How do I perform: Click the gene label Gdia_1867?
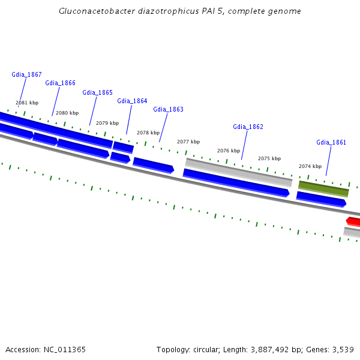26,74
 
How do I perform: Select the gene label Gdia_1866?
60,83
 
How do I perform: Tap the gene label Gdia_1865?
97,92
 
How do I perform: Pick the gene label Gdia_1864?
132,101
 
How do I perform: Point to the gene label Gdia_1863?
168,109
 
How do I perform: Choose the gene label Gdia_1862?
248,127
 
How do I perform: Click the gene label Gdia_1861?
331,142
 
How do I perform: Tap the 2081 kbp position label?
27,103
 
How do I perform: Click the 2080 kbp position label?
67,113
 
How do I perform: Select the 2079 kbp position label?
107,122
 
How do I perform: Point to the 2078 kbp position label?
148,133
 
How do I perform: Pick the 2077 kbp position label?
188,142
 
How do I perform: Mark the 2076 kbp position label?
229,151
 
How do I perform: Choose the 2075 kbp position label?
269,158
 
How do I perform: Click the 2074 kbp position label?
310,166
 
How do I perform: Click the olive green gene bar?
323,189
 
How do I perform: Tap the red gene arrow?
353,221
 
